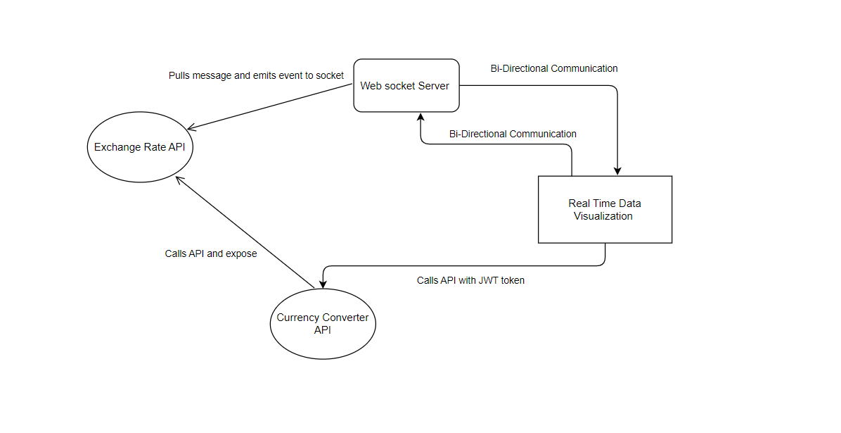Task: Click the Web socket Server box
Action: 406,85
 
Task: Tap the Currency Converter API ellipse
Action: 323,323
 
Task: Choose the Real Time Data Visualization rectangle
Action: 605,209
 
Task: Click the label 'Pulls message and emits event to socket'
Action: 256,75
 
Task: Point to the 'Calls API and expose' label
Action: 211,253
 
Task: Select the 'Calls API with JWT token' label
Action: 470,280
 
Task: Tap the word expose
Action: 241,253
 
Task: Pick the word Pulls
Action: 180,75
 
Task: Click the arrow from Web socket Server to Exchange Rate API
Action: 271,107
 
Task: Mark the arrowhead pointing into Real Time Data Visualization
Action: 617,170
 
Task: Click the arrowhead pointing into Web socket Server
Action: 420,116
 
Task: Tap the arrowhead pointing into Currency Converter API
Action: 322,284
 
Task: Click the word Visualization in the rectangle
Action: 603,216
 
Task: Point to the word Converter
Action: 343,318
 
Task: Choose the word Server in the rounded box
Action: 432,86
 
